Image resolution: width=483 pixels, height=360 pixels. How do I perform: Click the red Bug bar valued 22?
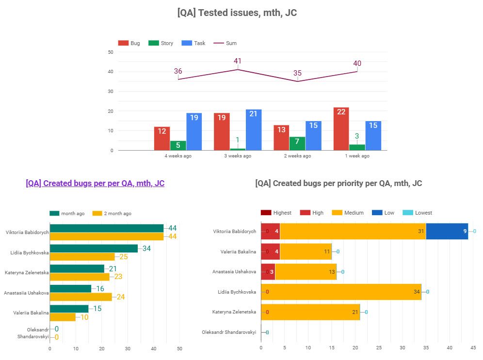341,129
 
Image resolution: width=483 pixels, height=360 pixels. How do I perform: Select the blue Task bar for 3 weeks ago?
254,130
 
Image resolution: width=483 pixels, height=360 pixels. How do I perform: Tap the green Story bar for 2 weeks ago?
297,143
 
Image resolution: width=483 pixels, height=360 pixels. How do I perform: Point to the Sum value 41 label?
237,61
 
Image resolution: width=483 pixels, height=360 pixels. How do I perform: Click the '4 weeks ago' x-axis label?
178,156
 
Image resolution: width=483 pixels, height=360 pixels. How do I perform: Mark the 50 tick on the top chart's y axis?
111,52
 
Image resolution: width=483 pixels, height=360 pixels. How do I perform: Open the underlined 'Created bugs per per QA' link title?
95,183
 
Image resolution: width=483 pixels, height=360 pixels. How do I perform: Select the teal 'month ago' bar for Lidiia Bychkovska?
94,249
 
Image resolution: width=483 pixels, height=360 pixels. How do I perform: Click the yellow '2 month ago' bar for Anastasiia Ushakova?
81,297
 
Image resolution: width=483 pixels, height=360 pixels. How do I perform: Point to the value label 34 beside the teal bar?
147,249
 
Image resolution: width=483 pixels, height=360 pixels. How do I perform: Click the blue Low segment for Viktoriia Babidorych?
447,231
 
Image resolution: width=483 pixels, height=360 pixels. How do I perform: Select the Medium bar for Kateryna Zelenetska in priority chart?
310,312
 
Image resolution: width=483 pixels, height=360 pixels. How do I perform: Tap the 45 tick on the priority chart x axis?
473,347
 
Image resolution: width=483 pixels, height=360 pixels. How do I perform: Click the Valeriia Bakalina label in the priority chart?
235,251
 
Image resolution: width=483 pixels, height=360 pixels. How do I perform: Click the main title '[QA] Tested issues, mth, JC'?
237,13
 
